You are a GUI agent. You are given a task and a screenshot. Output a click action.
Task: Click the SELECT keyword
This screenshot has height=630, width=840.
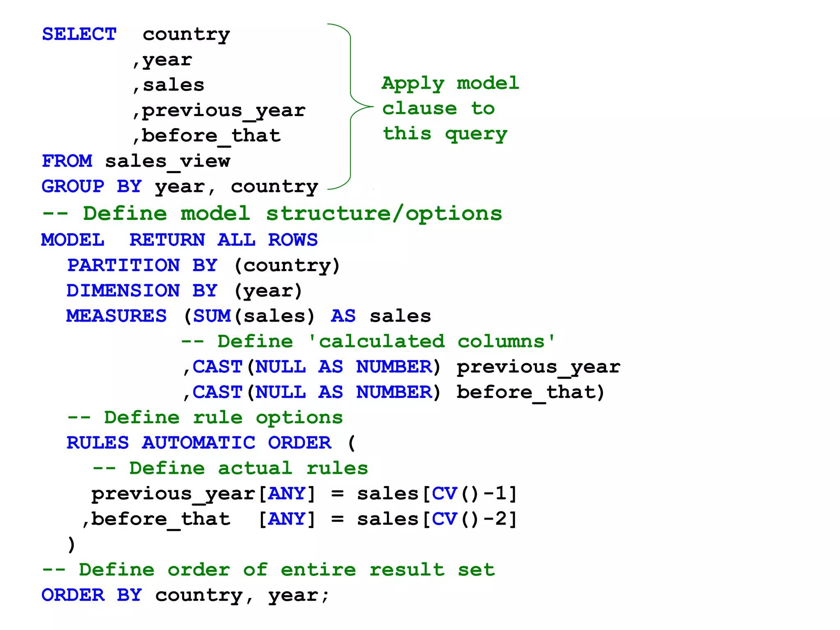(79, 34)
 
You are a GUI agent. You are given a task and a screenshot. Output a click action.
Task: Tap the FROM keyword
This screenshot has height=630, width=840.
(67, 161)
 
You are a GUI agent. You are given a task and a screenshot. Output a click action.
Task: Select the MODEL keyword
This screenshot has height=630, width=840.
(73, 240)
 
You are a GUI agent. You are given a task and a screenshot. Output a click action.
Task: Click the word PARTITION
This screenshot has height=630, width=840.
(123, 265)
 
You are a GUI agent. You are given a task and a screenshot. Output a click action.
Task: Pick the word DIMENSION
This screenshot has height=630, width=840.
(123, 291)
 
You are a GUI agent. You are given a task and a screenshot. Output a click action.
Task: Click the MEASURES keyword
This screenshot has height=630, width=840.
(116, 316)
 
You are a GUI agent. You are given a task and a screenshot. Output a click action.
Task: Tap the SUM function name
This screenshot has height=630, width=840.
(212, 316)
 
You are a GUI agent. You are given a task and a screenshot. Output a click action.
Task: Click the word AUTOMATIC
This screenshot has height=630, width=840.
(199, 443)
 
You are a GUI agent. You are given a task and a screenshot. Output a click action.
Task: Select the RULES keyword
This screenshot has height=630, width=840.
(98, 443)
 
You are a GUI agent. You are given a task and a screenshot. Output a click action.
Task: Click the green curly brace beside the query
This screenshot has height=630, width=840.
(351, 107)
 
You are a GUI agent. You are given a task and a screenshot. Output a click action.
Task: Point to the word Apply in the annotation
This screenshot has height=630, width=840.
(413, 84)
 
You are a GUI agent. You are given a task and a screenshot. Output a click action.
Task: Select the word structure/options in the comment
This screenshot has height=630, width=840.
(384, 214)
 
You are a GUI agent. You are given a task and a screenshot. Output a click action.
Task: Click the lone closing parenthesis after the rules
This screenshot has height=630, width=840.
(71, 545)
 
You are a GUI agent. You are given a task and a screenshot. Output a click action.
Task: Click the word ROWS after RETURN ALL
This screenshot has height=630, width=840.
(293, 240)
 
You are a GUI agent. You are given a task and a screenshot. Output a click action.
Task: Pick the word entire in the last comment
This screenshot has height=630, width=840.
(318, 570)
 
